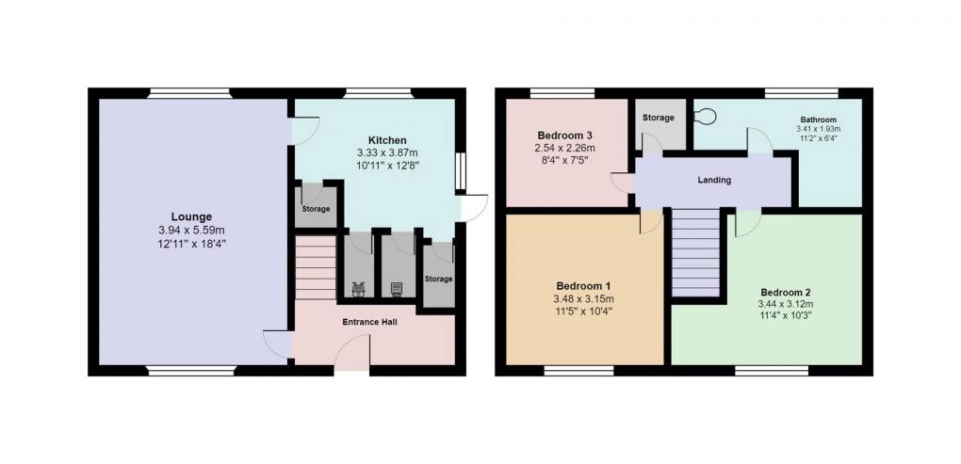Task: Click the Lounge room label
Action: pyautogui.click(x=191, y=216)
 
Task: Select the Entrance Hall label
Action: pyautogui.click(x=370, y=322)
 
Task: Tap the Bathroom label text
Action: pyautogui.click(x=819, y=120)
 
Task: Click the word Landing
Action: pyautogui.click(x=713, y=180)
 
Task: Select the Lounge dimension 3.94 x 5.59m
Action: pyautogui.click(x=191, y=230)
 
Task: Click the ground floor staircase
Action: pyautogui.click(x=316, y=268)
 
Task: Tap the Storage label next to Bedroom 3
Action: pyautogui.click(x=659, y=118)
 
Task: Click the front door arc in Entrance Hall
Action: pyautogui.click(x=351, y=357)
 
